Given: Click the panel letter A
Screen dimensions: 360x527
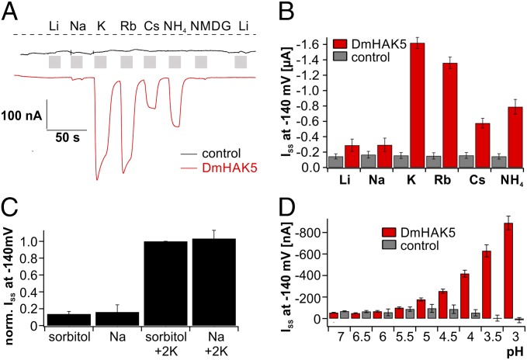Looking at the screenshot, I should [9, 10].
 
